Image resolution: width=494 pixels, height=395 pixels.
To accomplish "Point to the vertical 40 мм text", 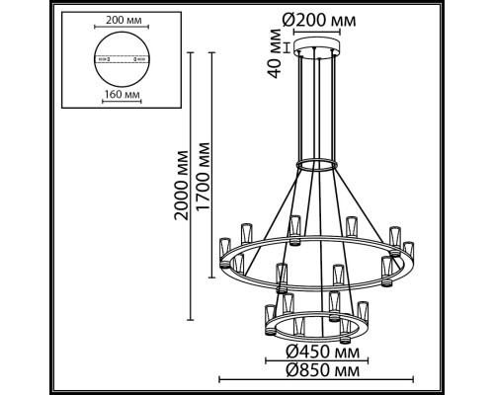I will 277,56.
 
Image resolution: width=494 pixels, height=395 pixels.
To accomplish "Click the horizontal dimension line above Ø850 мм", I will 317,380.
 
